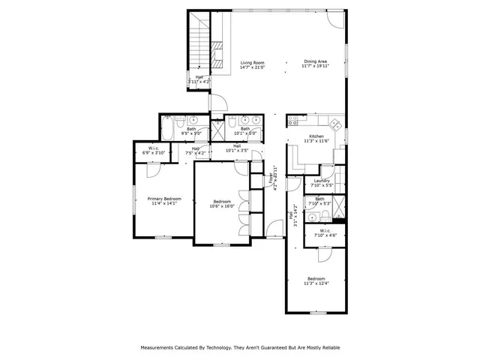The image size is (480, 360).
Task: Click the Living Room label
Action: (252, 62)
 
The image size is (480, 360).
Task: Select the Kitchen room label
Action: (316, 136)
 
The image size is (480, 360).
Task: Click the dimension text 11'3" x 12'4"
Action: (316, 283)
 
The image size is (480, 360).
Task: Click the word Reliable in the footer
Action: (327, 348)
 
